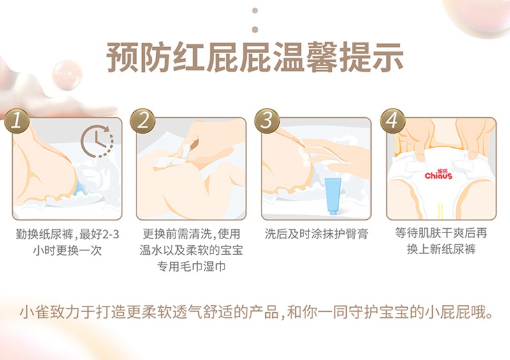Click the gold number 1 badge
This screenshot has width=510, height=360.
[x=17, y=121]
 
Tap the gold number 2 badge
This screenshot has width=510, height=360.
[x=143, y=121]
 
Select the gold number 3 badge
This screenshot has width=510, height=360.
[x=267, y=121]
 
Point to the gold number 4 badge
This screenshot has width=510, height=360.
[x=393, y=121]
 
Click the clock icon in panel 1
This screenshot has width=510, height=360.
[x=97, y=141]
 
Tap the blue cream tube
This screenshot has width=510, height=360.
[x=333, y=196]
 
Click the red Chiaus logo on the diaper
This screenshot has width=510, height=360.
[x=439, y=175]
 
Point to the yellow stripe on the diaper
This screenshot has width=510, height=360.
[x=440, y=210]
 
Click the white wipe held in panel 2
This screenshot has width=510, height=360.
[x=171, y=157]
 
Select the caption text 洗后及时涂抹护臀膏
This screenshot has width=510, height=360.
[x=316, y=234]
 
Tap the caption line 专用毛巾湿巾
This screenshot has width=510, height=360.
[x=191, y=266]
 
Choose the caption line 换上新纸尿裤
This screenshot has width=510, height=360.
[x=441, y=249]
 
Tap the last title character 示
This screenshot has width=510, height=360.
[x=388, y=57]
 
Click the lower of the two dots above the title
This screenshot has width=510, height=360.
[x=255, y=29]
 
